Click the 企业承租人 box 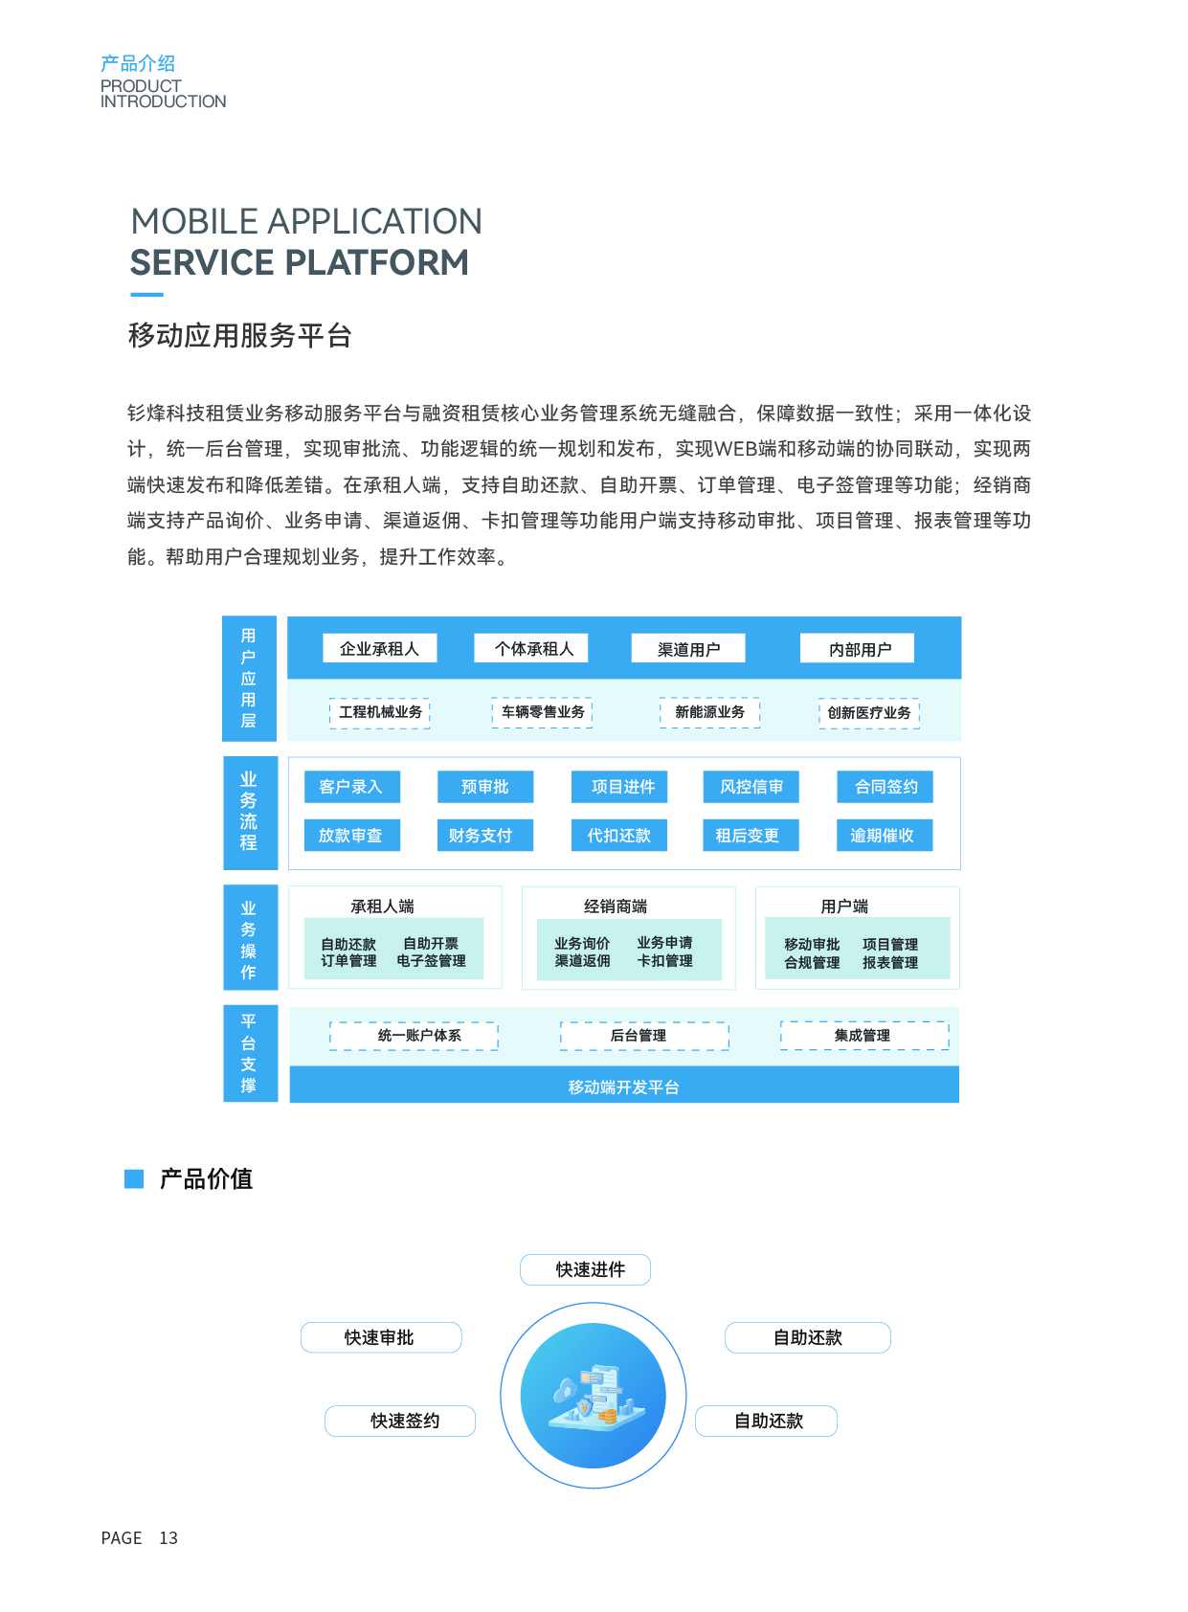click(x=379, y=649)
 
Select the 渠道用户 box click(x=688, y=649)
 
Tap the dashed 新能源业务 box click(x=709, y=712)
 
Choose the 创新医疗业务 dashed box click(x=869, y=713)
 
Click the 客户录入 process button click(x=351, y=787)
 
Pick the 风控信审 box click(x=751, y=787)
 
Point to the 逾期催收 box click(x=883, y=836)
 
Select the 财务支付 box click(x=482, y=836)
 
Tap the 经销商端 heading click(x=616, y=907)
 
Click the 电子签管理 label click(x=432, y=961)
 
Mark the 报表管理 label click(x=890, y=963)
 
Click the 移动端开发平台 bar click(x=624, y=1086)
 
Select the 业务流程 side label click(x=249, y=813)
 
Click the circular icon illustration click(x=594, y=1396)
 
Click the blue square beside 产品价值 click(x=134, y=1178)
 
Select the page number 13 click(x=168, y=1538)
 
